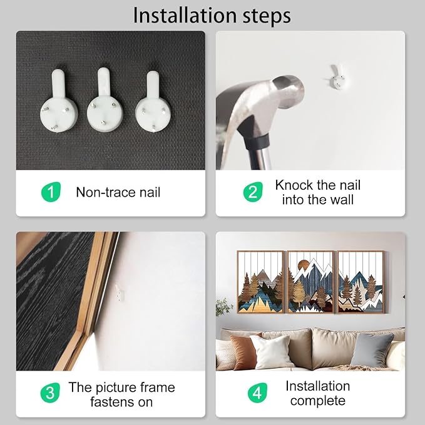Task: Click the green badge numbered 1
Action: [x=51, y=192]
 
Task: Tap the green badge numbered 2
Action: [x=253, y=192]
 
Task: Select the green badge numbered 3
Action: [x=50, y=392]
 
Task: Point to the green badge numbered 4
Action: [x=257, y=392]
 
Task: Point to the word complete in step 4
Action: [x=318, y=401]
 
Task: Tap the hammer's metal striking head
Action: [x=288, y=91]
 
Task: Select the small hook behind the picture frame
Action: [x=120, y=293]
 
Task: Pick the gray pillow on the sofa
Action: [x=372, y=350]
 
